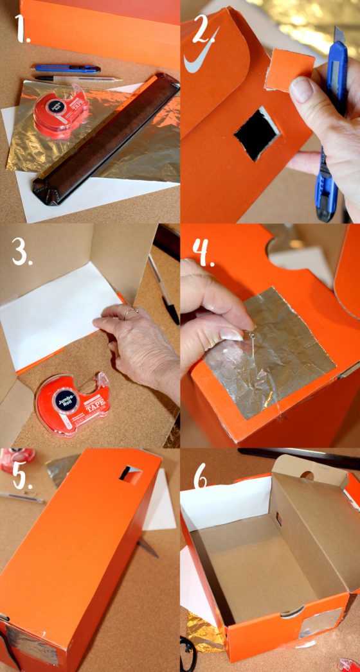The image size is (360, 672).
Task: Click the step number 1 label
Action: pos(24,30)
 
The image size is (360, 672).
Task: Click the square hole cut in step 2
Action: pos(256,133)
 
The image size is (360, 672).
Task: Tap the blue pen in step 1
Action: pos(67,68)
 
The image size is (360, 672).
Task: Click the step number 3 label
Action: pos(22,254)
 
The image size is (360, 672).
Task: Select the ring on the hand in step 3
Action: pos(131,312)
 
